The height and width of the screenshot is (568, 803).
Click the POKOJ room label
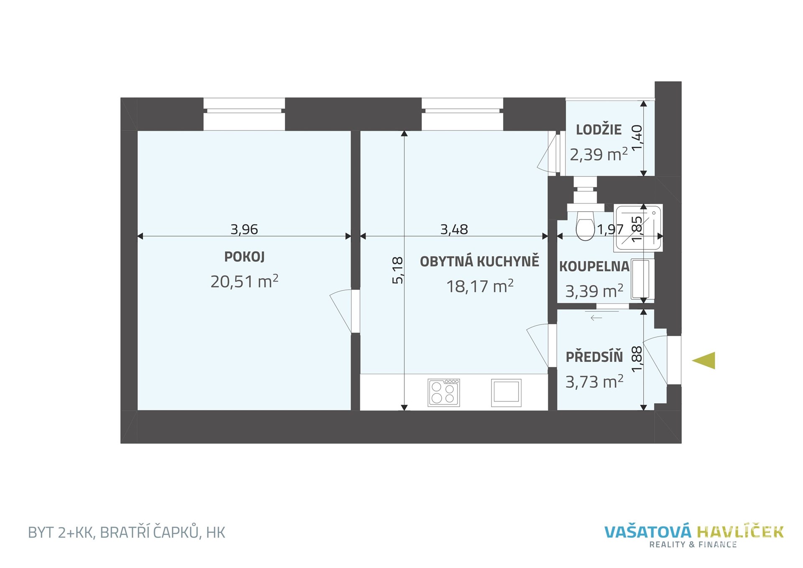point(244,256)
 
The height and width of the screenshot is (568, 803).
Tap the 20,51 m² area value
point(244,281)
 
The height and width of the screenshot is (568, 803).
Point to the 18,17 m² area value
point(480,286)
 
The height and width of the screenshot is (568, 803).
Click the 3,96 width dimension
point(244,229)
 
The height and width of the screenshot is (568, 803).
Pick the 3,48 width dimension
point(454,229)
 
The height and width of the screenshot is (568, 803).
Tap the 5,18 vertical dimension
point(398,270)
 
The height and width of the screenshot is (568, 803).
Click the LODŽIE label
point(598,130)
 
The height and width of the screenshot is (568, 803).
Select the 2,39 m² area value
point(598,154)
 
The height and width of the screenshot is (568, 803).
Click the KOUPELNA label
point(594,266)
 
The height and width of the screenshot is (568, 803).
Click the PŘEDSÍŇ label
point(594,357)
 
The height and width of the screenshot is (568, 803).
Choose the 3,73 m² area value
point(594,381)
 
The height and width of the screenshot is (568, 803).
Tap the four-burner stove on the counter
point(444,392)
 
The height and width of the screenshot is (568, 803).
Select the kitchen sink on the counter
point(506,393)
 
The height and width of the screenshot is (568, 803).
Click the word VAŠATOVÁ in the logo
point(648,532)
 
